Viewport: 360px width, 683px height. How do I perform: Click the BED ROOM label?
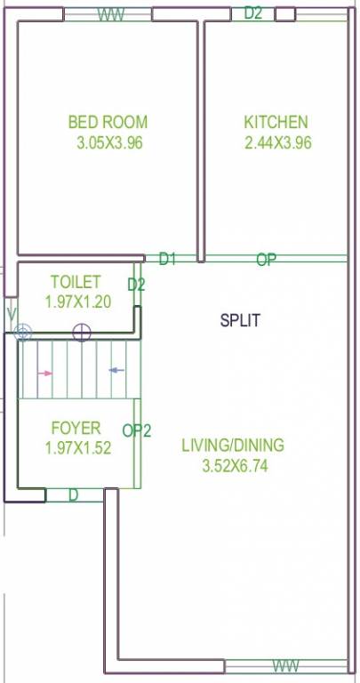pos(108,122)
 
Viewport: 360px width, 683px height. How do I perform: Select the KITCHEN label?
pos(276,122)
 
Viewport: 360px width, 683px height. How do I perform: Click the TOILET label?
pos(75,281)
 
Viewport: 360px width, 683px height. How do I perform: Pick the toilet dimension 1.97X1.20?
pos(77,301)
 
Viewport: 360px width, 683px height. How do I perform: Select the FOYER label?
pos(76,428)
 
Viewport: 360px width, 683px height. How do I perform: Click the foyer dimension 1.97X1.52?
pos(77,448)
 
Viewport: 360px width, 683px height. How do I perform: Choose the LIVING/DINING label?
pos(232,445)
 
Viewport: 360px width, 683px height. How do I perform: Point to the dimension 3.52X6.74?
pos(232,465)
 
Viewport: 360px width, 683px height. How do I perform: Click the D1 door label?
pos(168,259)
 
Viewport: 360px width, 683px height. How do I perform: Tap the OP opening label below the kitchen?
pos(266,260)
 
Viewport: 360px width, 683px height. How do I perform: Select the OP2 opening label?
pos(137,431)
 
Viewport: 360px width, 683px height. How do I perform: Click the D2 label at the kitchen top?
pos(253,12)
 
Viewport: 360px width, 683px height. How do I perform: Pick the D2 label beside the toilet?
pos(136,285)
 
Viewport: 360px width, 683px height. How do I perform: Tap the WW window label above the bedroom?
pos(110,15)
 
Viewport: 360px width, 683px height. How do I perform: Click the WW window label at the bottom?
pos(285,666)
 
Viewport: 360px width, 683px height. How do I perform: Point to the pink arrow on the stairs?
pos(44,374)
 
